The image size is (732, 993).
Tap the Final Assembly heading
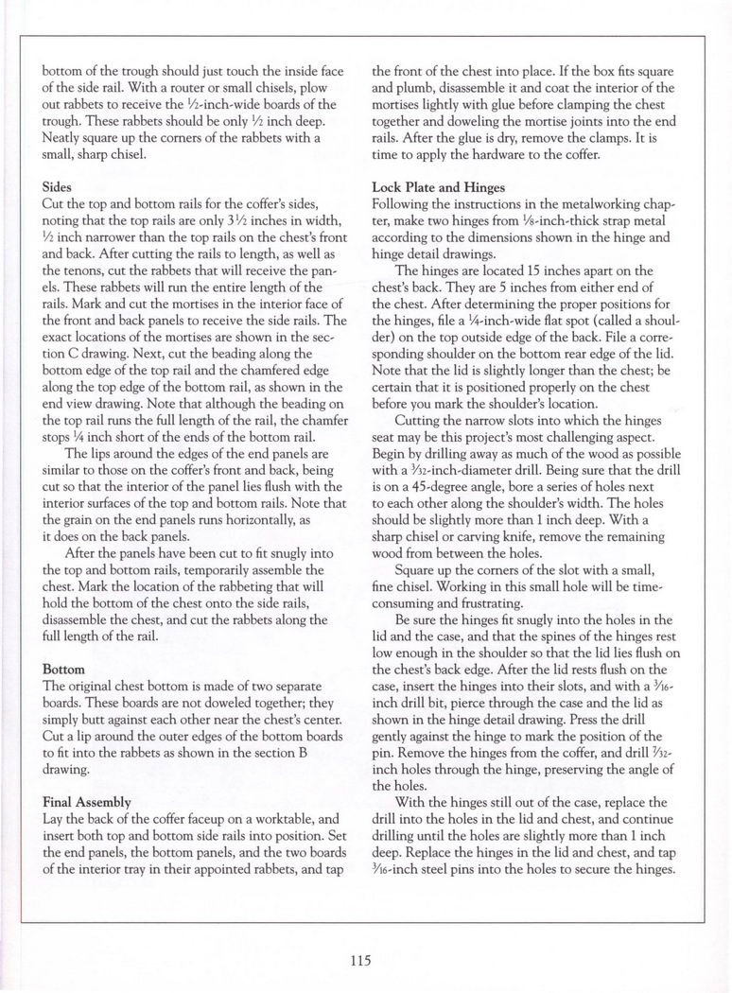point(89,801)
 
